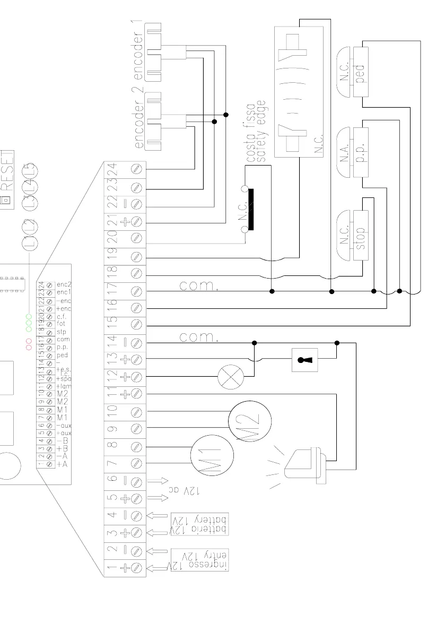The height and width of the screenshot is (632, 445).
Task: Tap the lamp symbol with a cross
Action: coord(230,377)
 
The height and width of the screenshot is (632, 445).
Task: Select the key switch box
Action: coord(304,360)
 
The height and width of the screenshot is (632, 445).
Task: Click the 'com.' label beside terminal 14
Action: coord(199,337)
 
